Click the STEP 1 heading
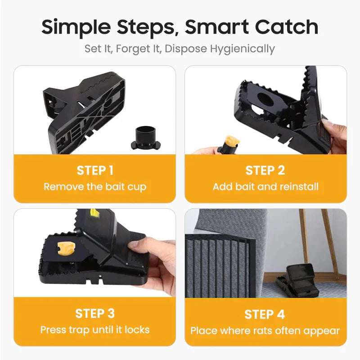tap(94, 170)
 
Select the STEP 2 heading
tap(265, 171)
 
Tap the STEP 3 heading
tap(94, 313)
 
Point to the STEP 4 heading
tap(265, 314)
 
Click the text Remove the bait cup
tap(94, 186)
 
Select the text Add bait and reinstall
tap(265, 186)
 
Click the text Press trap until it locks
tap(94, 329)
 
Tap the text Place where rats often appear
tap(265, 331)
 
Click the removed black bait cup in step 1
tap(144, 136)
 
